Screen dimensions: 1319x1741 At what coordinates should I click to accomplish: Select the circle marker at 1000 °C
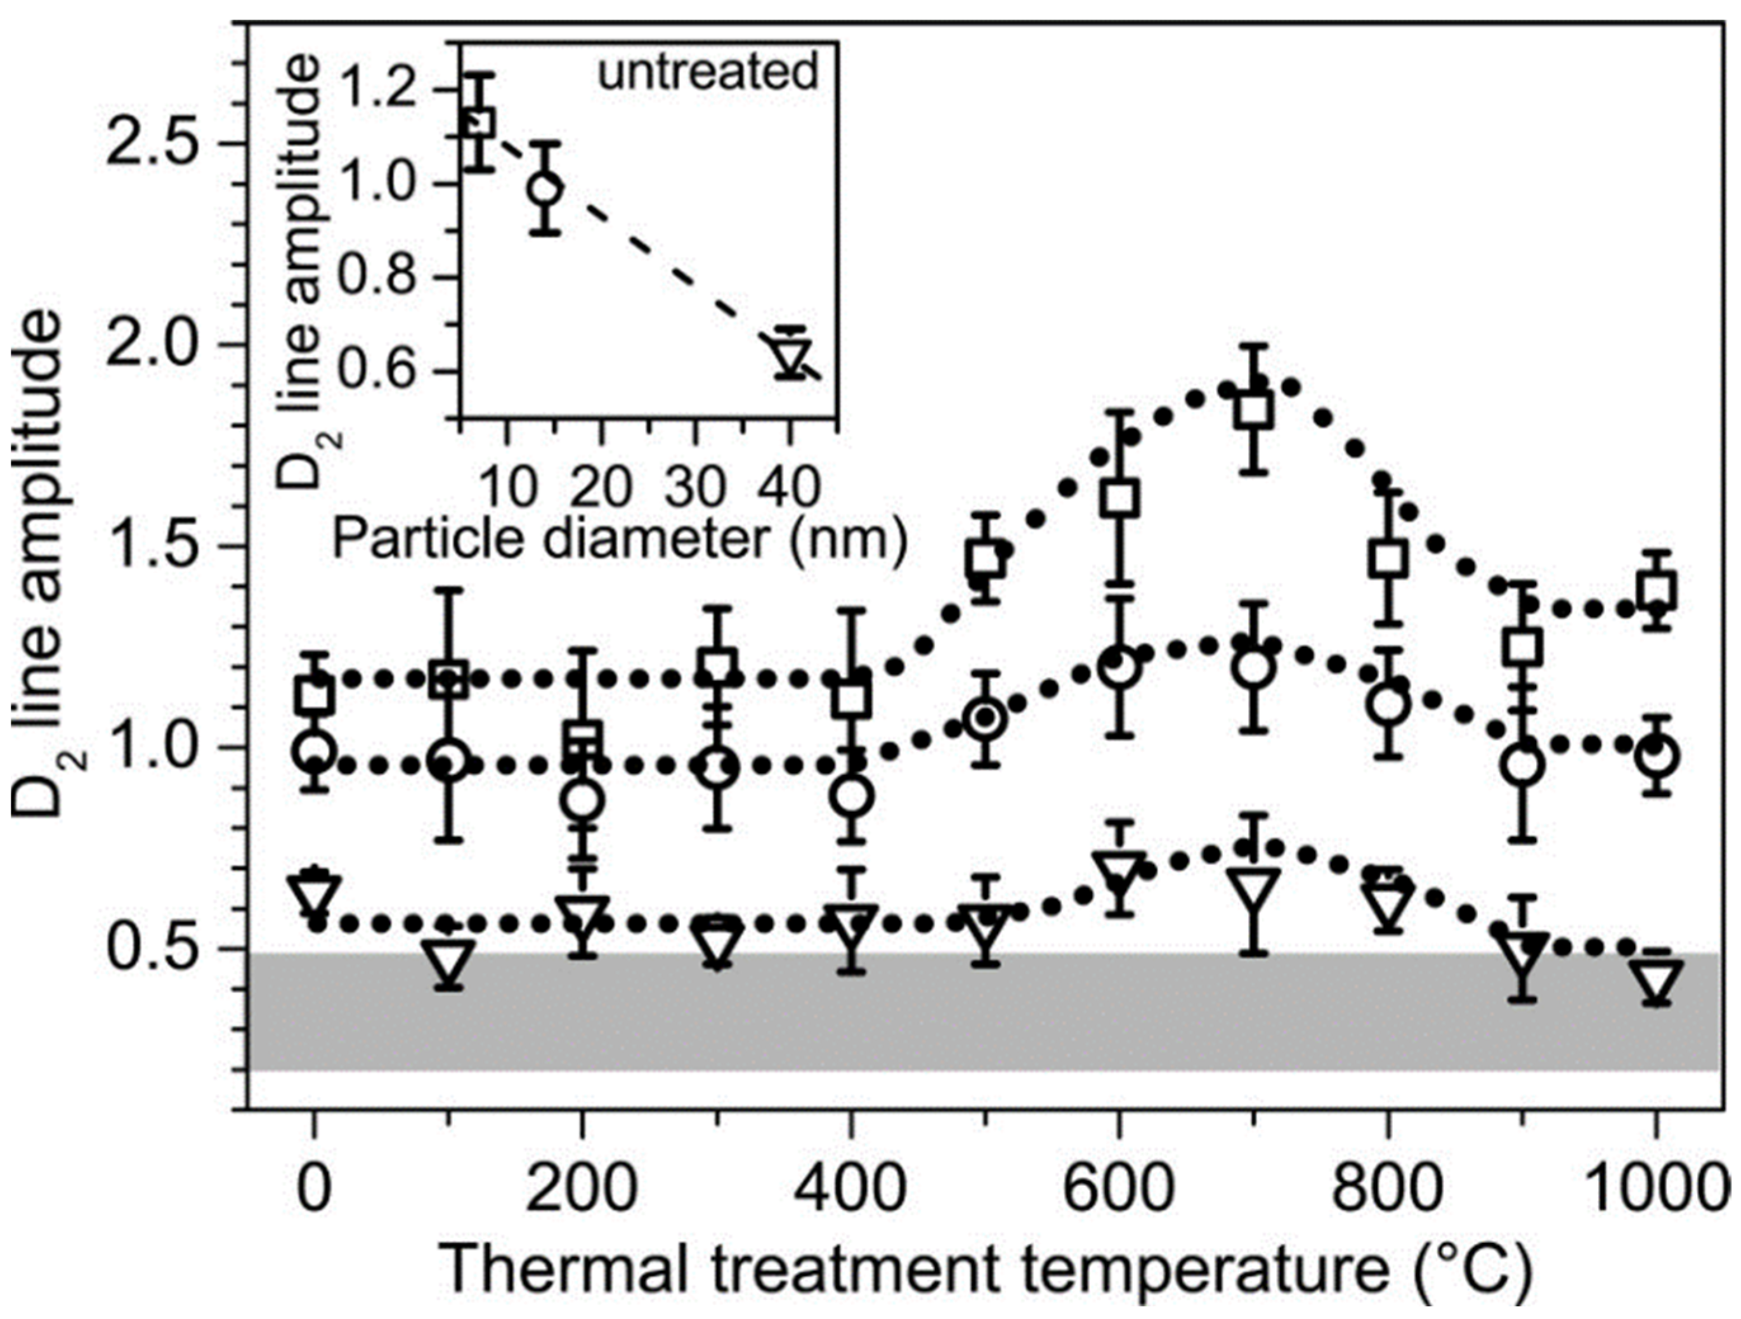[x=1656, y=757]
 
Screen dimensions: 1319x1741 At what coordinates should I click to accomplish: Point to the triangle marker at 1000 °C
[x=1656, y=980]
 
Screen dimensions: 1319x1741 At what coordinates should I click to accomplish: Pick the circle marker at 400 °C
[x=851, y=796]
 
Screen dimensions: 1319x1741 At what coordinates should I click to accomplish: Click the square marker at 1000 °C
[x=1656, y=590]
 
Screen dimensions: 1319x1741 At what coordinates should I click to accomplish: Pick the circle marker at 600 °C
[x=1118, y=666]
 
